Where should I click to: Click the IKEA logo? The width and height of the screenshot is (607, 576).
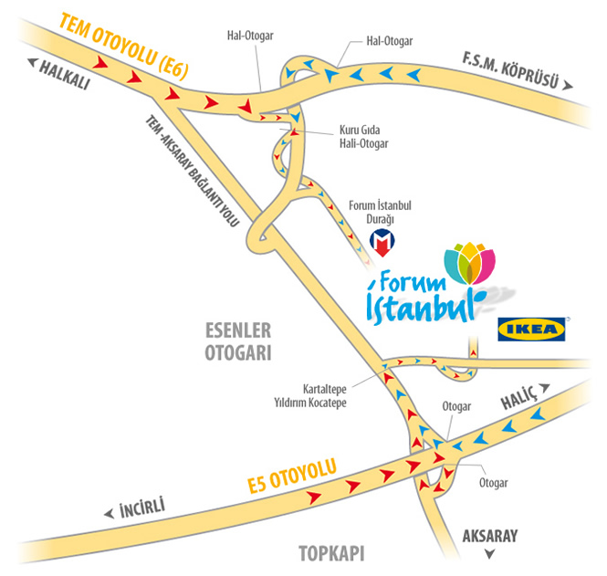tap(531, 329)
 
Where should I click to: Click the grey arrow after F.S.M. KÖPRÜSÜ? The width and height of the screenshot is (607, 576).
tap(568, 86)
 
